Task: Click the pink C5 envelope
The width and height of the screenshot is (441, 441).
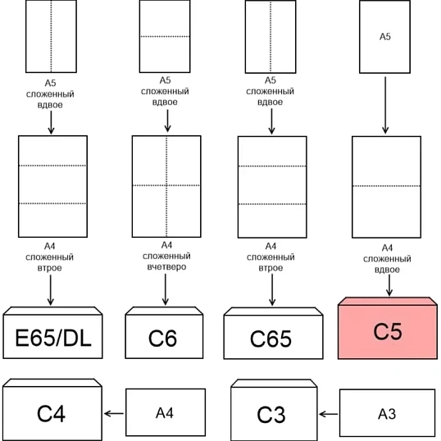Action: pyautogui.click(x=388, y=328)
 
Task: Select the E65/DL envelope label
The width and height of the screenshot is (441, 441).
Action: pyautogui.click(x=53, y=338)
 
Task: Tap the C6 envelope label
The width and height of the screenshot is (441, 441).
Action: pyautogui.click(x=162, y=338)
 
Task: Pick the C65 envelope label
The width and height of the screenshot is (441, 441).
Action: pyautogui.click(x=271, y=339)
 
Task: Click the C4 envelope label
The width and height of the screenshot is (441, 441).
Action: pyautogui.click(x=51, y=413)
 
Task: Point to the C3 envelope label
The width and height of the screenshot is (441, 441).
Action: pyautogui.click(x=271, y=414)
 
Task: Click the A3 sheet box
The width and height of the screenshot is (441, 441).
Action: pyautogui.click(x=387, y=413)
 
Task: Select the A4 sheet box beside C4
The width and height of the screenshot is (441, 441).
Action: pyautogui.click(x=166, y=412)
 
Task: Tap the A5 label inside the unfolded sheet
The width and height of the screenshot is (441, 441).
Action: pyautogui.click(x=385, y=37)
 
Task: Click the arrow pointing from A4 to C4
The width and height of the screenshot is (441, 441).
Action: pyautogui.click(x=114, y=413)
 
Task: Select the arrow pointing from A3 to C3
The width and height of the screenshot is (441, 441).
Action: pyautogui.click(x=329, y=414)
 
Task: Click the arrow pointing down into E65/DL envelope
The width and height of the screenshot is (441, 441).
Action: pyautogui.click(x=51, y=290)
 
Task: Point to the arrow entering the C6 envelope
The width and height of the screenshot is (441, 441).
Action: pyautogui.click(x=166, y=289)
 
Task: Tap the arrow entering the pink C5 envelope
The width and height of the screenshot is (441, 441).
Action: pyautogui.click(x=389, y=285)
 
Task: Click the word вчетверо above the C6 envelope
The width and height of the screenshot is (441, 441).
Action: pyautogui.click(x=166, y=266)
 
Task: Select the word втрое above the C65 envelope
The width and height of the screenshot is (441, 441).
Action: pyautogui.click(x=271, y=268)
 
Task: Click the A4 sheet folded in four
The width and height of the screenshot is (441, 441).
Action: pyautogui.click(x=166, y=186)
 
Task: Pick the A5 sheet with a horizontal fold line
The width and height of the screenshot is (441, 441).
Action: pyautogui.click(x=165, y=36)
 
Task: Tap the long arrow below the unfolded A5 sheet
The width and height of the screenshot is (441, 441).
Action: pyautogui.click(x=385, y=105)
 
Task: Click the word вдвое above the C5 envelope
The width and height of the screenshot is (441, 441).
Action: pyautogui.click(x=387, y=270)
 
